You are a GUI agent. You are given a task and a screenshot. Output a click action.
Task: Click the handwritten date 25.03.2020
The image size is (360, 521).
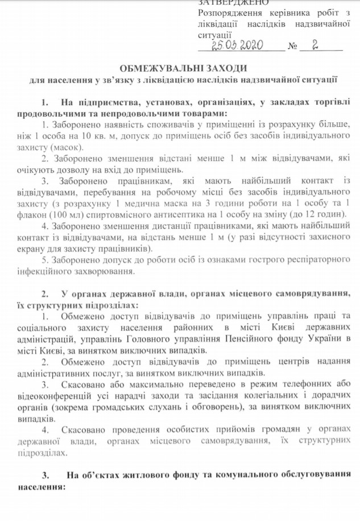click(x=235, y=45)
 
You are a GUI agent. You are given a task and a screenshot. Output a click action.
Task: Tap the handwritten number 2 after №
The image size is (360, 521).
click(x=315, y=45)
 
